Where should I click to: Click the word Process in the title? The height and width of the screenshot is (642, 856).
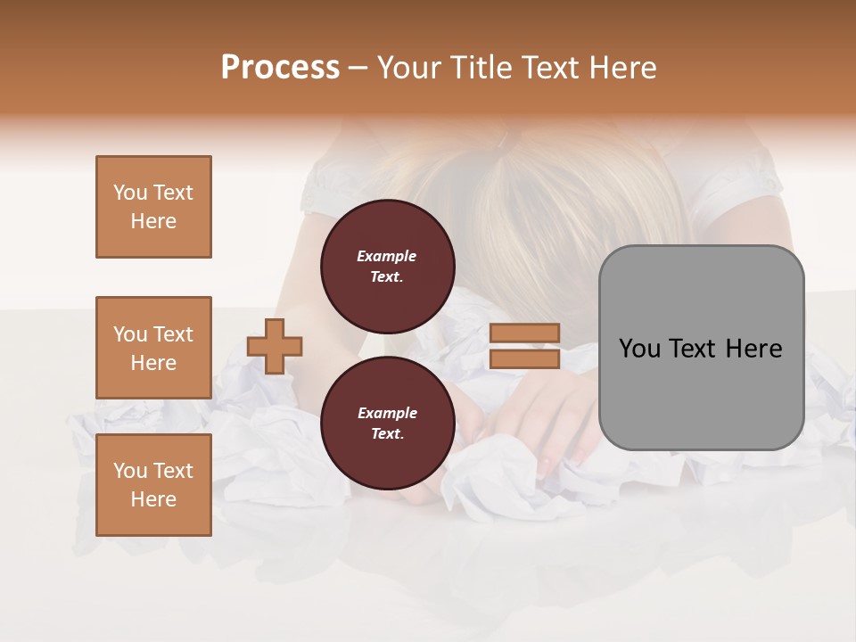click(280, 68)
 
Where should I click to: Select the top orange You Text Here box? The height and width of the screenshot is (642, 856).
click(153, 207)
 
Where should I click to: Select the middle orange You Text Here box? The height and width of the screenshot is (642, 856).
click(153, 348)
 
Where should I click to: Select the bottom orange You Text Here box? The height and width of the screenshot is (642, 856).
click(153, 485)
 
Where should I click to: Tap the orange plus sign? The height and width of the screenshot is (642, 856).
click(275, 346)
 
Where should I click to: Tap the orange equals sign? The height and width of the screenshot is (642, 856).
click(524, 346)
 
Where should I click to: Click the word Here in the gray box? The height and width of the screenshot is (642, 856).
click(753, 349)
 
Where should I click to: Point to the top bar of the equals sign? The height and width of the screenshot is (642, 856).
click(524, 333)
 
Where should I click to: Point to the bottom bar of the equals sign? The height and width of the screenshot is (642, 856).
click(524, 358)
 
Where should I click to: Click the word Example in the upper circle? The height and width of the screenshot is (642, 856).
click(387, 256)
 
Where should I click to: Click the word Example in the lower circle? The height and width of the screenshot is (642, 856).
click(387, 413)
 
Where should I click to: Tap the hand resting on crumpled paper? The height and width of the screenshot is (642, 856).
click(544, 419)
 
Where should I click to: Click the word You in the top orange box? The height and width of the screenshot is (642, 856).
click(130, 193)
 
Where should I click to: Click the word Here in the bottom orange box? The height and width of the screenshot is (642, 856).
click(153, 499)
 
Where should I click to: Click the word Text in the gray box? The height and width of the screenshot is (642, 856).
click(692, 349)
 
